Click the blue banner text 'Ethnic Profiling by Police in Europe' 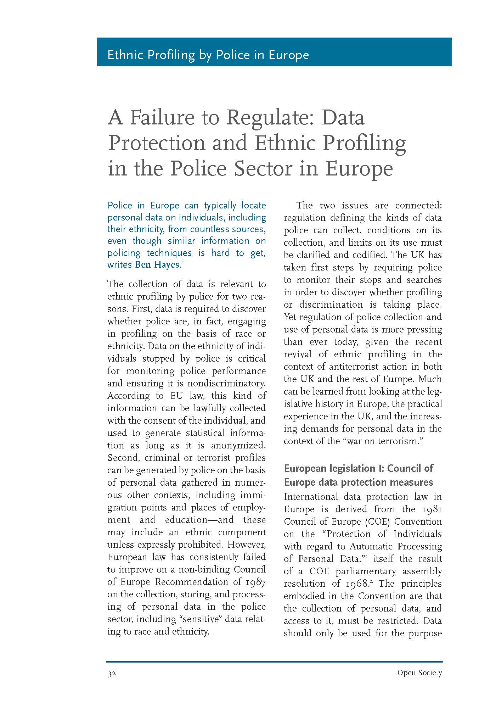(x=208, y=55)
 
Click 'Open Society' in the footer (x=419, y=672)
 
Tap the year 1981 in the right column (x=431, y=509)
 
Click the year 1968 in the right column (x=353, y=584)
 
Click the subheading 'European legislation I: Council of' (x=359, y=468)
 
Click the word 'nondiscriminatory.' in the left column (x=226, y=384)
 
